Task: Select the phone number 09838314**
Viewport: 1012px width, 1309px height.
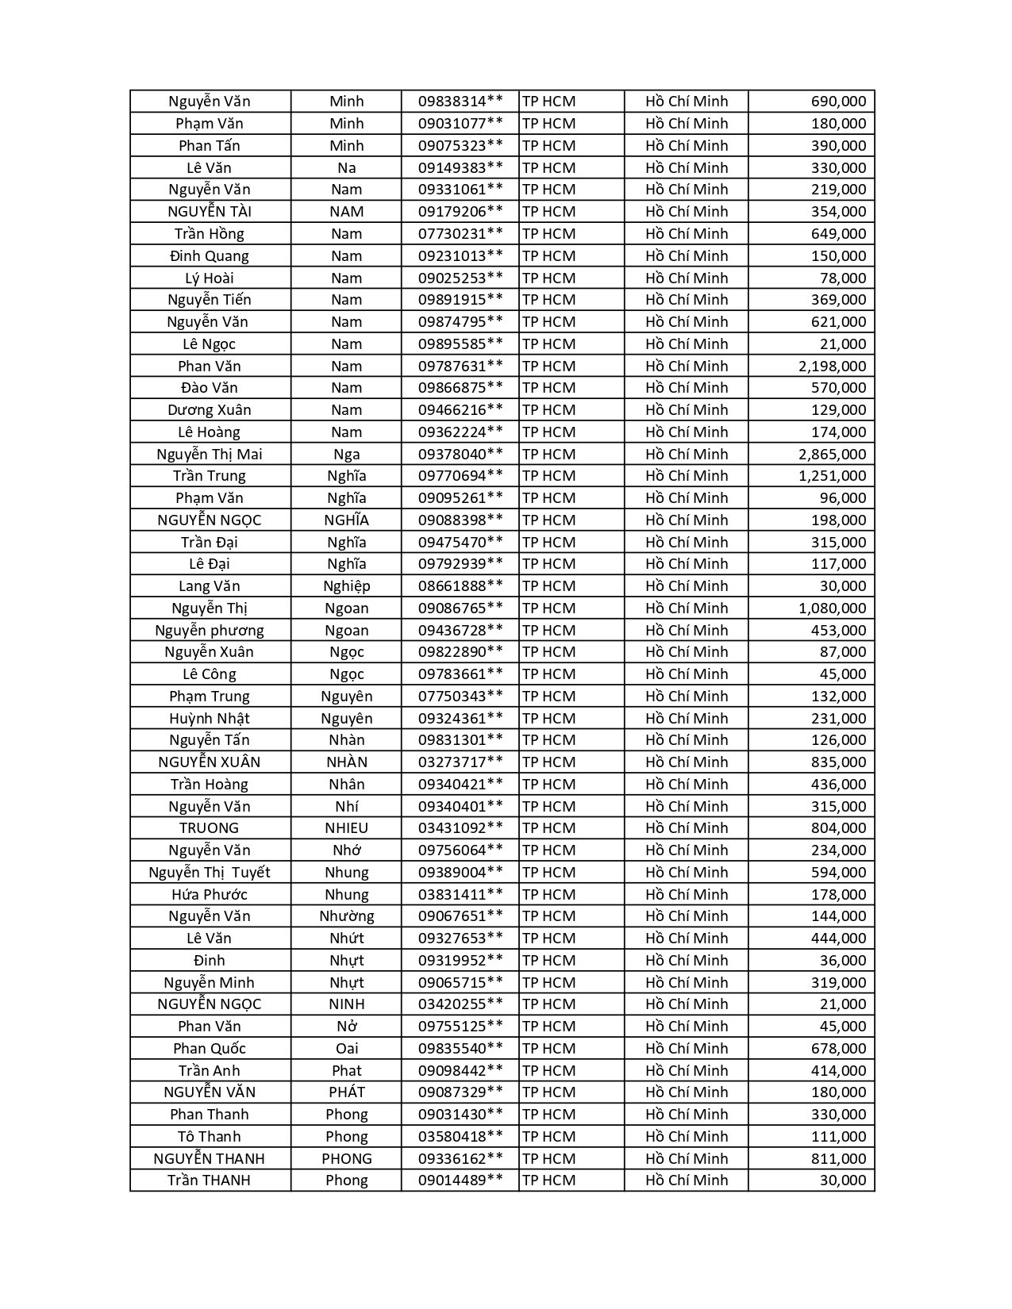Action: [x=460, y=102]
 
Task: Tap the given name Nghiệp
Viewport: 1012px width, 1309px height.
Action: [x=347, y=586]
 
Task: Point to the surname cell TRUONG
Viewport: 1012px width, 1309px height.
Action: [x=210, y=828]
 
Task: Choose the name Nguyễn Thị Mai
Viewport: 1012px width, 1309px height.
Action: [x=210, y=454]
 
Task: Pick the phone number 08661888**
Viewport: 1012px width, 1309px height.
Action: [x=460, y=586]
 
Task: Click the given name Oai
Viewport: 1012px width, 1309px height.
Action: [x=347, y=1048]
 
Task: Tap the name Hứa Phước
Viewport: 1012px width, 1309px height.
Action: [x=210, y=894]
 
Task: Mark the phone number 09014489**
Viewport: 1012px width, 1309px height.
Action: [x=460, y=1180]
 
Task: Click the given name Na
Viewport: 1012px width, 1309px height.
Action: [x=347, y=167]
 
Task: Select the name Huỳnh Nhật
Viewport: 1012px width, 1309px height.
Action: [x=210, y=718]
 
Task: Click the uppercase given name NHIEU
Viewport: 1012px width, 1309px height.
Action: [x=347, y=828]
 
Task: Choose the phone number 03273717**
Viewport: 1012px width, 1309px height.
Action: [x=460, y=762]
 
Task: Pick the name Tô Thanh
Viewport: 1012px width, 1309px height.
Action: [x=210, y=1136]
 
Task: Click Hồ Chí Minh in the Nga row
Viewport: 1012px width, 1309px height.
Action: [x=687, y=454]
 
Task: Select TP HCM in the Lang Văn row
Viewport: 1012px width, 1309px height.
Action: [x=549, y=586]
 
